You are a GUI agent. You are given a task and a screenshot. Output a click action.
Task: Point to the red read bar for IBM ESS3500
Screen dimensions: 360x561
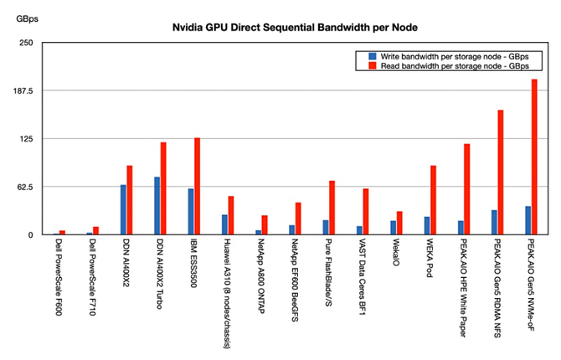pyautogui.click(x=197, y=186)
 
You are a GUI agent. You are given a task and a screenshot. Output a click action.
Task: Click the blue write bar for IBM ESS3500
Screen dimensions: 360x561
pyautogui.click(x=190, y=211)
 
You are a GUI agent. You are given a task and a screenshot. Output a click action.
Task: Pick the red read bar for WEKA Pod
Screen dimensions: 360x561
pyautogui.click(x=433, y=200)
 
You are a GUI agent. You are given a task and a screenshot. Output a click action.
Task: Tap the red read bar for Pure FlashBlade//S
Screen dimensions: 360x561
pyautogui.click(x=332, y=208)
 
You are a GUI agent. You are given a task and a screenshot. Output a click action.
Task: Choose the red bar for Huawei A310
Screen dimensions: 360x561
pyautogui.click(x=230, y=215)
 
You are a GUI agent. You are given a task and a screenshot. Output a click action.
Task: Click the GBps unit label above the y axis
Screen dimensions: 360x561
pyautogui.click(x=27, y=18)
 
